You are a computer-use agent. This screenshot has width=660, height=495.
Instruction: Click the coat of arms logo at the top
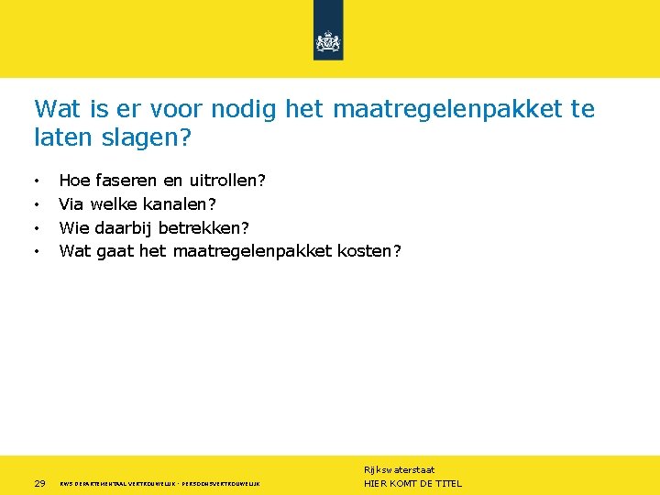pos(327,41)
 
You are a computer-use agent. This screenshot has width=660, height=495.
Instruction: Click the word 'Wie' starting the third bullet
pos(73,227)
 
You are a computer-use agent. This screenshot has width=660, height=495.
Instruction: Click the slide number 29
pos(39,483)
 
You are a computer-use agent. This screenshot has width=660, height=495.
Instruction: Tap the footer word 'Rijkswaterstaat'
pos(399,469)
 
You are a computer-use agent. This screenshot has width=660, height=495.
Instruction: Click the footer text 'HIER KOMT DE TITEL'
pos(412,483)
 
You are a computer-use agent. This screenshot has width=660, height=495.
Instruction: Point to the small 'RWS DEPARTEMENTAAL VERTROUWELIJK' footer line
pos(119,483)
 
